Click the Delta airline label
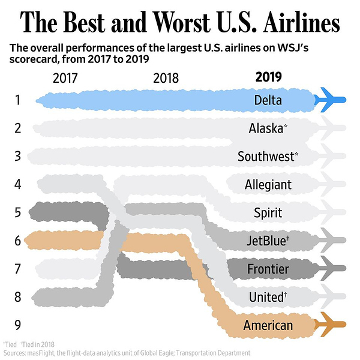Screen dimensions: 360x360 coord(268,100)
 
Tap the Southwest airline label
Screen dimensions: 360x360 coord(268,156)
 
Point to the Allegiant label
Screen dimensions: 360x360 coord(268,184)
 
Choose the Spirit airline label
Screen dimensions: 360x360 coord(268,212)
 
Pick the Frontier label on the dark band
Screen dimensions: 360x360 coord(268,269)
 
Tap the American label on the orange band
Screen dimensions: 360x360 coord(268,325)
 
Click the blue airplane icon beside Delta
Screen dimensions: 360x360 coord(331,100)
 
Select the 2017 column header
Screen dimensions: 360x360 coord(65,77)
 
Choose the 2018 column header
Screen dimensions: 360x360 coord(166,77)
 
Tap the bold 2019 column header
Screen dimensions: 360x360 coord(268,77)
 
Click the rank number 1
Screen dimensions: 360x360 coord(18,100)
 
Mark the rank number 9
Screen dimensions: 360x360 coord(18,325)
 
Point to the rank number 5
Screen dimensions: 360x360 coord(18,212)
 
